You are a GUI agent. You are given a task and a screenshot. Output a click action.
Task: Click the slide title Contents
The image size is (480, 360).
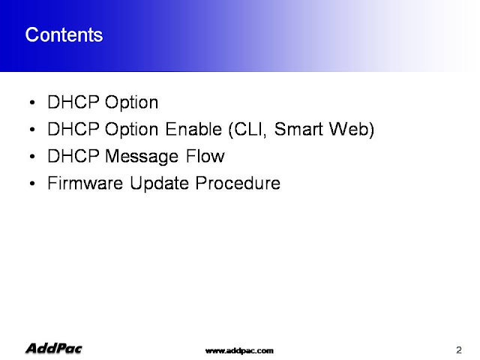tap(64, 34)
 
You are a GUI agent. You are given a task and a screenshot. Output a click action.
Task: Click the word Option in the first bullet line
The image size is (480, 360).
tap(132, 103)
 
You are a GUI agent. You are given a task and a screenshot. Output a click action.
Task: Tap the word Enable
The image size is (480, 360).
tap(193, 129)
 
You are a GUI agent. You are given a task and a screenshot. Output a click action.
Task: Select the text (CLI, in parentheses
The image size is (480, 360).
tap(247, 130)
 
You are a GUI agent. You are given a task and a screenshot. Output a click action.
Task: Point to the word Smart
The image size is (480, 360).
tap(298, 129)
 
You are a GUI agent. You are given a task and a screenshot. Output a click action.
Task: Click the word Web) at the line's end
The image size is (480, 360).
tap(352, 130)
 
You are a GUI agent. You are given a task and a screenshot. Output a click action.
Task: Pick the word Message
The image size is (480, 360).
tap(142, 157)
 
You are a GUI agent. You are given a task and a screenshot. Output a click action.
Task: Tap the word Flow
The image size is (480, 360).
tap(205, 156)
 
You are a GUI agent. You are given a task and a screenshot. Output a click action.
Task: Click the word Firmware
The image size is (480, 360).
tap(85, 183)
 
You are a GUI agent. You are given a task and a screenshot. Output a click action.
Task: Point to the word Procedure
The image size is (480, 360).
tap(238, 183)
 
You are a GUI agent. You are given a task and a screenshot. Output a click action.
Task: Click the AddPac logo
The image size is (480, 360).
tap(54, 348)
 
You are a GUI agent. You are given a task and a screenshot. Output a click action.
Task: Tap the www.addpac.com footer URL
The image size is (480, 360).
tap(239, 351)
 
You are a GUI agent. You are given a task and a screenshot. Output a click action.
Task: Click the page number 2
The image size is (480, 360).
tap(458, 350)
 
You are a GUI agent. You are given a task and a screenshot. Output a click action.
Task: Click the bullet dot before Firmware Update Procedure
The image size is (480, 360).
tap(32, 183)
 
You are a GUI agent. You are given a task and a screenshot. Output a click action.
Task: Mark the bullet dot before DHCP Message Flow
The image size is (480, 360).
tap(32, 157)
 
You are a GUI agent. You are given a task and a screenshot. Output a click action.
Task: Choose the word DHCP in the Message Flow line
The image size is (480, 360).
tap(73, 156)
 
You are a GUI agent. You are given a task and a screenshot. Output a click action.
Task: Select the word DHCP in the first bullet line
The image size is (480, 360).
tap(73, 102)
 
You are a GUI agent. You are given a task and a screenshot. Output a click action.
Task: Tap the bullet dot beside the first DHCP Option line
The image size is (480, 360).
tap(32, 103)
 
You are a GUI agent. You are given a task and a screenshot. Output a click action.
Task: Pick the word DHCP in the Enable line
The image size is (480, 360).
tap(73, 129)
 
